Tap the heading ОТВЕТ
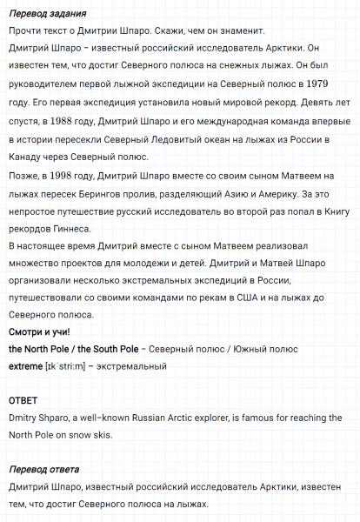point(24,401)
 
